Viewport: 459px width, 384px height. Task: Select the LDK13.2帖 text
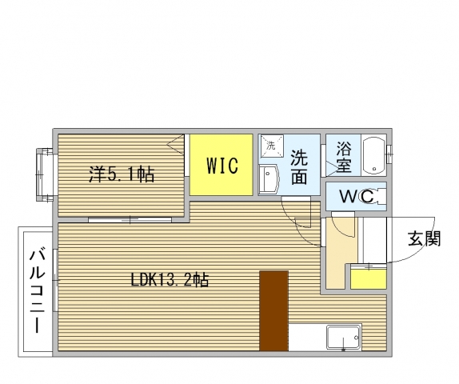[x=170, y=280]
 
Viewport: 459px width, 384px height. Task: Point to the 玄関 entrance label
[x=424, y=238]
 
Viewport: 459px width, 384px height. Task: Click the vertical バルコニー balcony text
[x=37, y=292]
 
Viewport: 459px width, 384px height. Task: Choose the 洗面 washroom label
[x=299, y=166]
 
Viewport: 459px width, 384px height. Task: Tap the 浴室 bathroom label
[x=344, y=158]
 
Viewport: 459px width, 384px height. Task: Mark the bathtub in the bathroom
[x=373, y=156]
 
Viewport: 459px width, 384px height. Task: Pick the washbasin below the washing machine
[x=268, y=180]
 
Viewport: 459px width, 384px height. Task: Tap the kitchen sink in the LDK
[x=344, y=337]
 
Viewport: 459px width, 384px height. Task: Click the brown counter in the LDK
[x=273, y=310]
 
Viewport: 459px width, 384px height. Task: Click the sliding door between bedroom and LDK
[x=128, y=218]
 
